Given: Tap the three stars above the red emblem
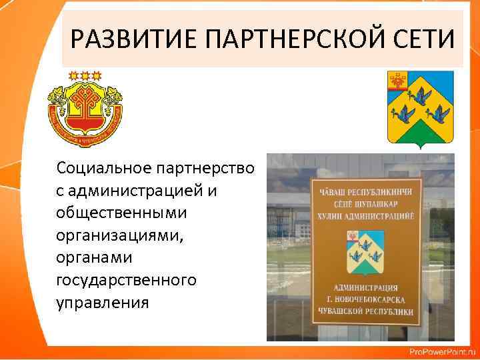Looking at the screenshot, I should pos(85,75).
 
